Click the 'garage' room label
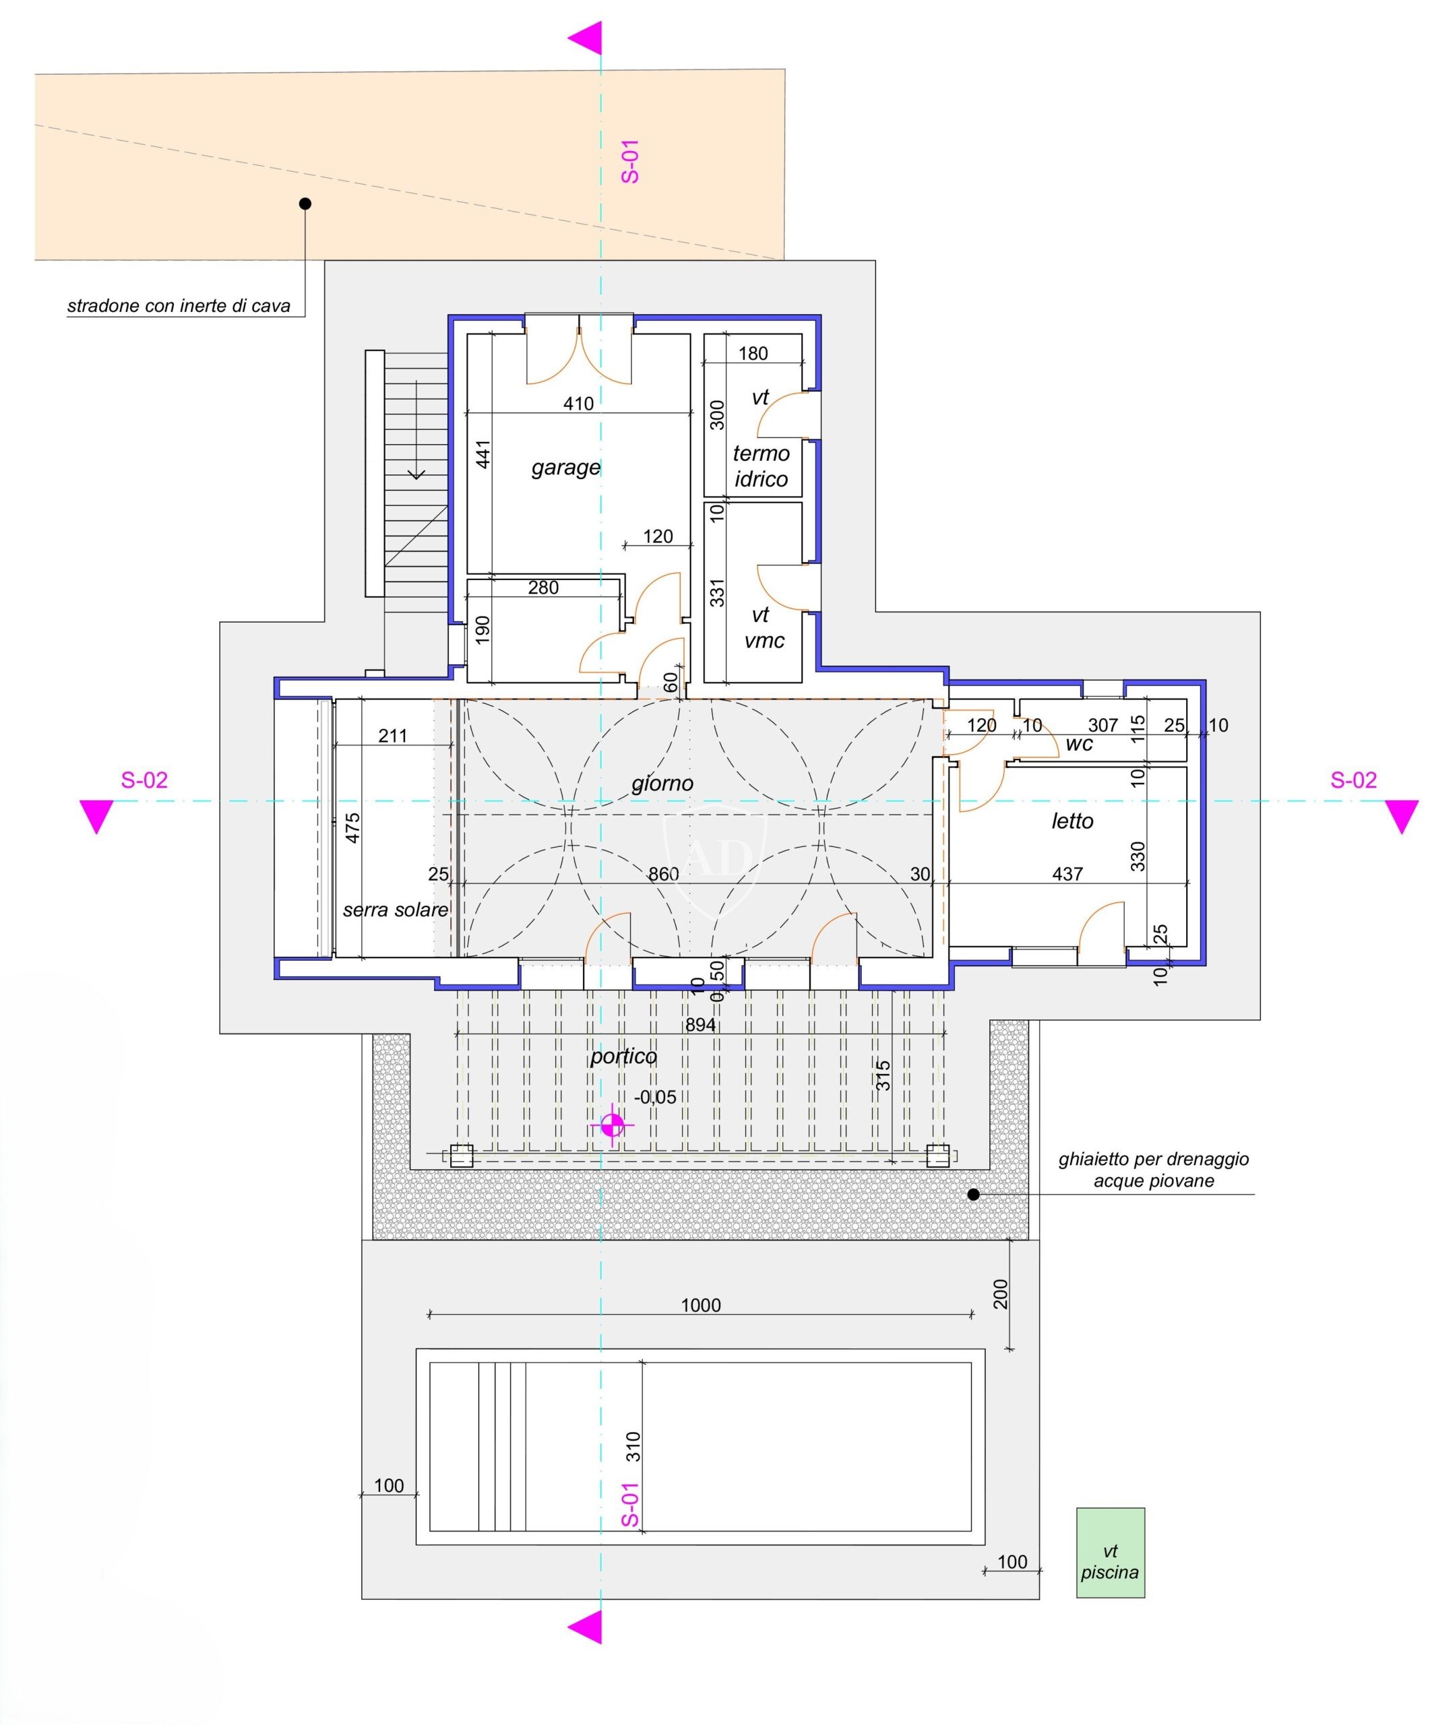pos(565,468)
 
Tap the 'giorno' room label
pos(662,784)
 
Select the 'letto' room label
pos(1072,821)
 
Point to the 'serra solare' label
pos(395,909)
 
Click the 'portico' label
pos(623,1057)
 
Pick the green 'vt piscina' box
pos(1110,1552)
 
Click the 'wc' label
pos(1078,743)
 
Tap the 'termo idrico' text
pos(761,466)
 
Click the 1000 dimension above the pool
pos(701,1305)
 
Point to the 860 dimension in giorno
pos(663,874)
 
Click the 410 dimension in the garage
pos(578,404)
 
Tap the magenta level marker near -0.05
pos(612,1125)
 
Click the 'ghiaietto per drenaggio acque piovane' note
pos(1153,1170)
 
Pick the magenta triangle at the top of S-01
pos(585,38)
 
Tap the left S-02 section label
pos(145,780)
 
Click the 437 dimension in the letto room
pos(1067,874)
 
